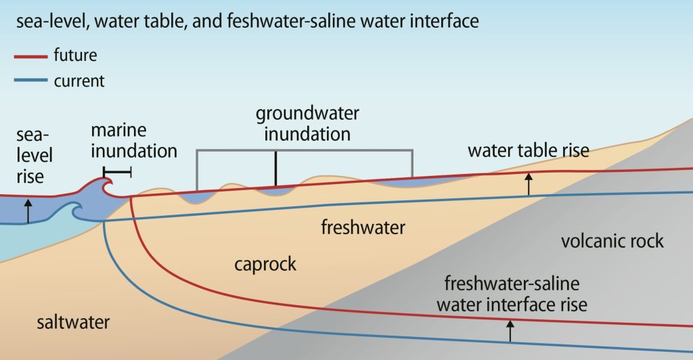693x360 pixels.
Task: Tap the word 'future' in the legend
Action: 75,55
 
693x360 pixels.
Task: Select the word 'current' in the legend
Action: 79,81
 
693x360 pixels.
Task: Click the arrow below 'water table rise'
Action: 529,183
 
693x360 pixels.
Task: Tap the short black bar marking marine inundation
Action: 117,173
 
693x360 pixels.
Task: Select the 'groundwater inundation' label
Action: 307,123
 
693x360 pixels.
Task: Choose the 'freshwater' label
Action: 363,228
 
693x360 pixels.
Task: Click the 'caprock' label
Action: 265,263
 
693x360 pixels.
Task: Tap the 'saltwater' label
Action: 73,322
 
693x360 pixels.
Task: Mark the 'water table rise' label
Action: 528,150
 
